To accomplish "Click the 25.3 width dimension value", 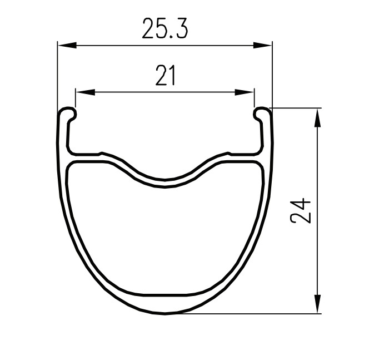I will [165, 29].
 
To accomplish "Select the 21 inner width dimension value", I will [165, 76].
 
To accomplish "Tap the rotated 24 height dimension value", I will [301, 210].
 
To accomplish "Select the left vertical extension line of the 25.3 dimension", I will [58, 72].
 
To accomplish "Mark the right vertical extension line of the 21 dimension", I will [254, 97].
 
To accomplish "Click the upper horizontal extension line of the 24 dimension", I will [297, 107].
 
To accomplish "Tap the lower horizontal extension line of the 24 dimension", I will [250, 314].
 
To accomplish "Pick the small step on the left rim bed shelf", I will [100, 152].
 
